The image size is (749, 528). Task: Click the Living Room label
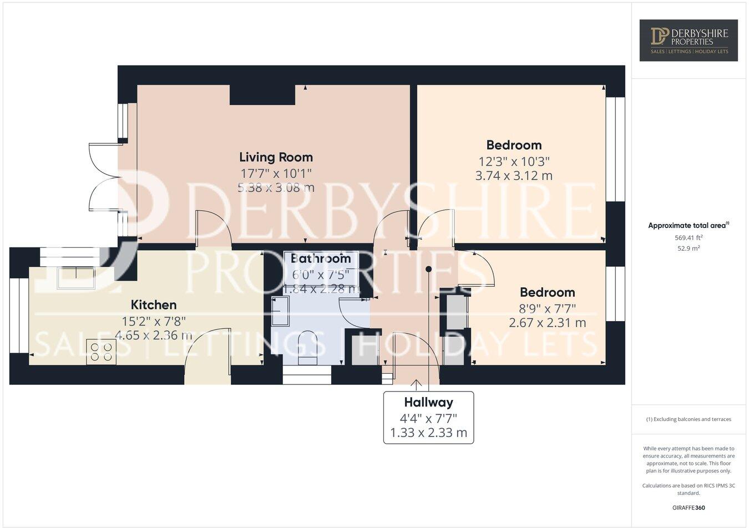(x=276, y=157)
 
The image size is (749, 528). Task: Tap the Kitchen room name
(x=154, y=304)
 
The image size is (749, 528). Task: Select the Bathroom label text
(x=321, y=258)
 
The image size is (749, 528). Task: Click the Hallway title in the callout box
(x=428, y=402)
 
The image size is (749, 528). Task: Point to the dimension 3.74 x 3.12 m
(x=514, y=176)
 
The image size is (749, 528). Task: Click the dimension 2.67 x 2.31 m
(x=547, y=322)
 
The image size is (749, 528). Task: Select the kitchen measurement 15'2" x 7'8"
(x=154, y=321)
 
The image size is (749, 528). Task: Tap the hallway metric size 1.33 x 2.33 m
(x=428, y=433)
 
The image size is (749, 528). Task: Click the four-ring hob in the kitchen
(x=101, y=352)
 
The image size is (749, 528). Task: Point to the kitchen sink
(x=76, y=278)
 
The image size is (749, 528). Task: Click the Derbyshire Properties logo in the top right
(x=689, y=40)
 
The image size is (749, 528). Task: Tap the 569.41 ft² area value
(x=689, y=237)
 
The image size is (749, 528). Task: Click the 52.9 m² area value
(x=689, y=248)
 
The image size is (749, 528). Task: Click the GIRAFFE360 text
(x=689, y=507)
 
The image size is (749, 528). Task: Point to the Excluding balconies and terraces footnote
(x=689, y=419)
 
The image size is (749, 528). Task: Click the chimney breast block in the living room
(x=262, y=95)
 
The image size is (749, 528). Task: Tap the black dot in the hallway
(x=428, y=270)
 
